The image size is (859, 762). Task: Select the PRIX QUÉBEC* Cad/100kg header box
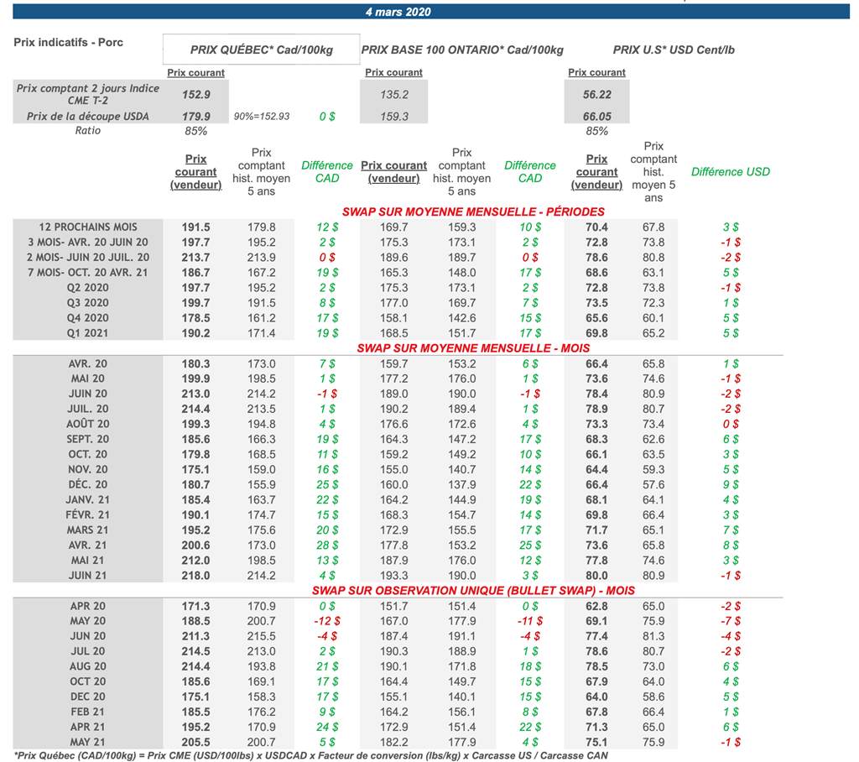[x=261, y=50]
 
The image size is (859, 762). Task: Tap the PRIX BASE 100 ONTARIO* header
[x=462, y=50]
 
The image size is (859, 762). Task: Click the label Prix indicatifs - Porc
[x=69, y=43]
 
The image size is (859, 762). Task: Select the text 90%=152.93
[x=262, y=117]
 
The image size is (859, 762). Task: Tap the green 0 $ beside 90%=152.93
[x=327, y=117]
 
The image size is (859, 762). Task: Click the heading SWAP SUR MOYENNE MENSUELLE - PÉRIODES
[x=473, y=211]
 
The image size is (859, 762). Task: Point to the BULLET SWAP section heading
[x=473, y=591]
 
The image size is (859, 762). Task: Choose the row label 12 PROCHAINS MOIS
[x=88, y=227]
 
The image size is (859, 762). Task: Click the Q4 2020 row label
[x=88, y=318]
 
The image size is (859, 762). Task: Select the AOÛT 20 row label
[x=88, y=424]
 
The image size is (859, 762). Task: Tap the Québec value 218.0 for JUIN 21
[x=196, y=576]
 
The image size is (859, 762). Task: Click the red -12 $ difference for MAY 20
[x=326, y=621]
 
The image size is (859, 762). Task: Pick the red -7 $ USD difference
[x=731, y=621]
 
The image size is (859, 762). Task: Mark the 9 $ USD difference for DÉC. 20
[x=731, y=484]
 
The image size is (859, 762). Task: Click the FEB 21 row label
[x=88, y=712]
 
